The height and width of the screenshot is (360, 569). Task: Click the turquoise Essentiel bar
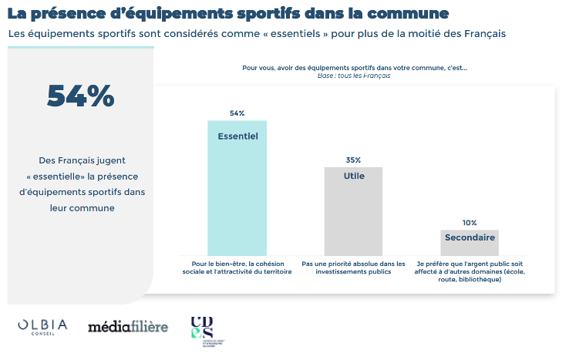coord(237,193)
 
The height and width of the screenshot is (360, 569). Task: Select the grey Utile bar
coord(353,216)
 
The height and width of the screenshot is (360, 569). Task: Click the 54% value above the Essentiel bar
coord(237,113)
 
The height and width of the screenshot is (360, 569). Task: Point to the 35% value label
coord(353,160)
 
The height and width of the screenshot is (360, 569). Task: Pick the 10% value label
coord(470,223)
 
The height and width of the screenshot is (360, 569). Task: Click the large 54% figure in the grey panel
coord(80,96)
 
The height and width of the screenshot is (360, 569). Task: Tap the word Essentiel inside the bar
coord(237,136)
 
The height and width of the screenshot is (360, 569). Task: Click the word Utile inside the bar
coord(353,176)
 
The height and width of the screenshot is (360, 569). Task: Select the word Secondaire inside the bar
coord(470,237)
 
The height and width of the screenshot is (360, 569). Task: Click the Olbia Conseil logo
coord(42,327)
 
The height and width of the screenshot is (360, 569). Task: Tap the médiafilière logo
coord(127,327)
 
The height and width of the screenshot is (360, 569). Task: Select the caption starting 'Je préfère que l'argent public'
coord(470,271)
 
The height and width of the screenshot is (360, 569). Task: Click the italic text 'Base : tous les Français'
coord(354,76)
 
